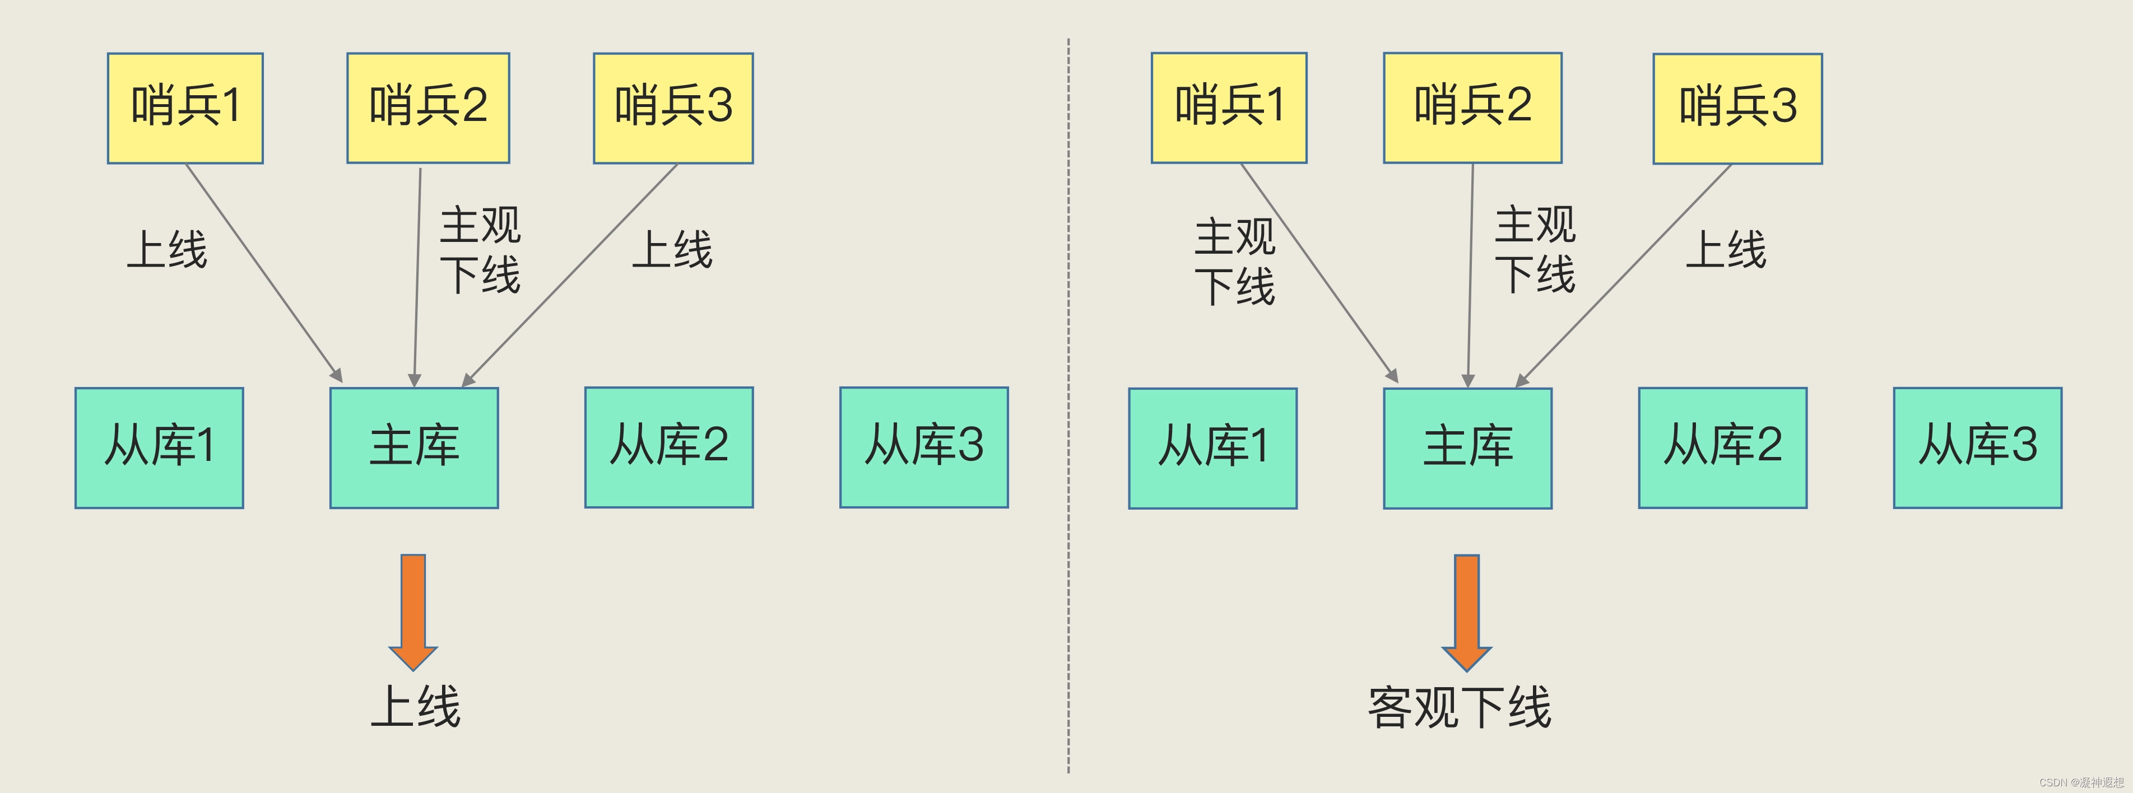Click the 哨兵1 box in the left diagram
(x=185, y=108)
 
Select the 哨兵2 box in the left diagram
(x=428, y=108)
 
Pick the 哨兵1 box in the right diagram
(x=1229, y=108)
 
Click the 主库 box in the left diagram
(x=414, y=447)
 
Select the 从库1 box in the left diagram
(x=159, y=447)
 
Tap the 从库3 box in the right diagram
(x=1977, y=447)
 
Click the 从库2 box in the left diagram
(x=669, y=447)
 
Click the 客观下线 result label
(x=1459, y=708)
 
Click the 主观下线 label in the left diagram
(x=480, y=250)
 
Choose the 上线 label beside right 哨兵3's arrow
(x=1726, y=249)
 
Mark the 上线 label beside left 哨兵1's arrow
(x=168, y=249)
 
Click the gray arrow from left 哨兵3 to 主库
(x=571, y=273)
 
